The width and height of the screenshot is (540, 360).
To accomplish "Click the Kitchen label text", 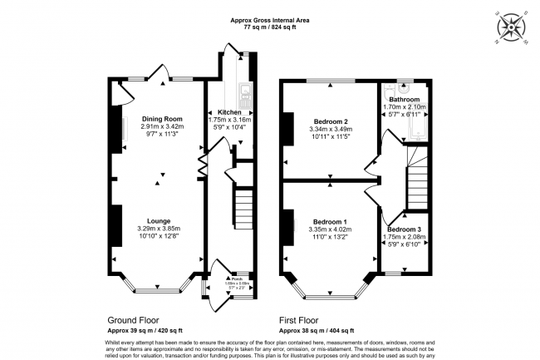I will pyautogui.click(x=229, y=112).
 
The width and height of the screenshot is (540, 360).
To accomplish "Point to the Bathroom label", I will pyautogui.click(x=405, y=99).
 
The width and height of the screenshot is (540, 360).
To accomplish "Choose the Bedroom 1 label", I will pyautogui.click(x=327, y=221).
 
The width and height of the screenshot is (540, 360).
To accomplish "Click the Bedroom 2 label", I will pyautogui.click(x=328, y=122).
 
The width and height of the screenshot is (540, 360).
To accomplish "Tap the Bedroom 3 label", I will pyautogui.click(x=404, y=229).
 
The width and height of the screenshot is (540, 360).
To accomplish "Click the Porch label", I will pyautogui.click(x=234, y=279).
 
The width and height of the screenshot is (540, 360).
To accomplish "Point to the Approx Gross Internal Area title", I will pyautogui.click(x=269, y=19).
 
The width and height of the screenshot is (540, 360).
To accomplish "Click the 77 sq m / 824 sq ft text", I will pyautogui.click(x=269, y=27).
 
